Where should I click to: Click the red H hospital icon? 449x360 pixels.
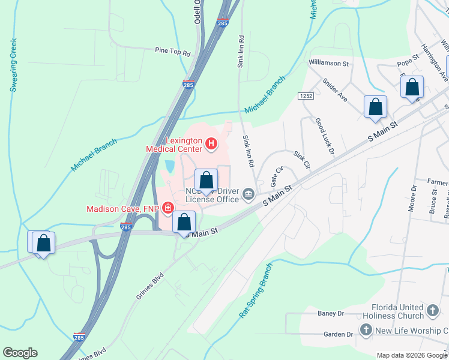tap(211, 143)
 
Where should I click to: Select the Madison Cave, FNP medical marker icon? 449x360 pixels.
tap(169, 208)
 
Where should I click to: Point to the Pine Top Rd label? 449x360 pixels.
tap(172, 52)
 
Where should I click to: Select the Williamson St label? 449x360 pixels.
tap(328, 62)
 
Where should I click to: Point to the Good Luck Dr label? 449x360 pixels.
tap(324, 137)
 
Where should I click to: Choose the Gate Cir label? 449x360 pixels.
tap(276, 176)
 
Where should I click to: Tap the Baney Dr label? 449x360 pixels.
tap(331, 313)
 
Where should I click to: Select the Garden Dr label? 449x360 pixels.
tap(338, 334)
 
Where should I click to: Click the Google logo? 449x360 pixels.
tap(20, 353)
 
